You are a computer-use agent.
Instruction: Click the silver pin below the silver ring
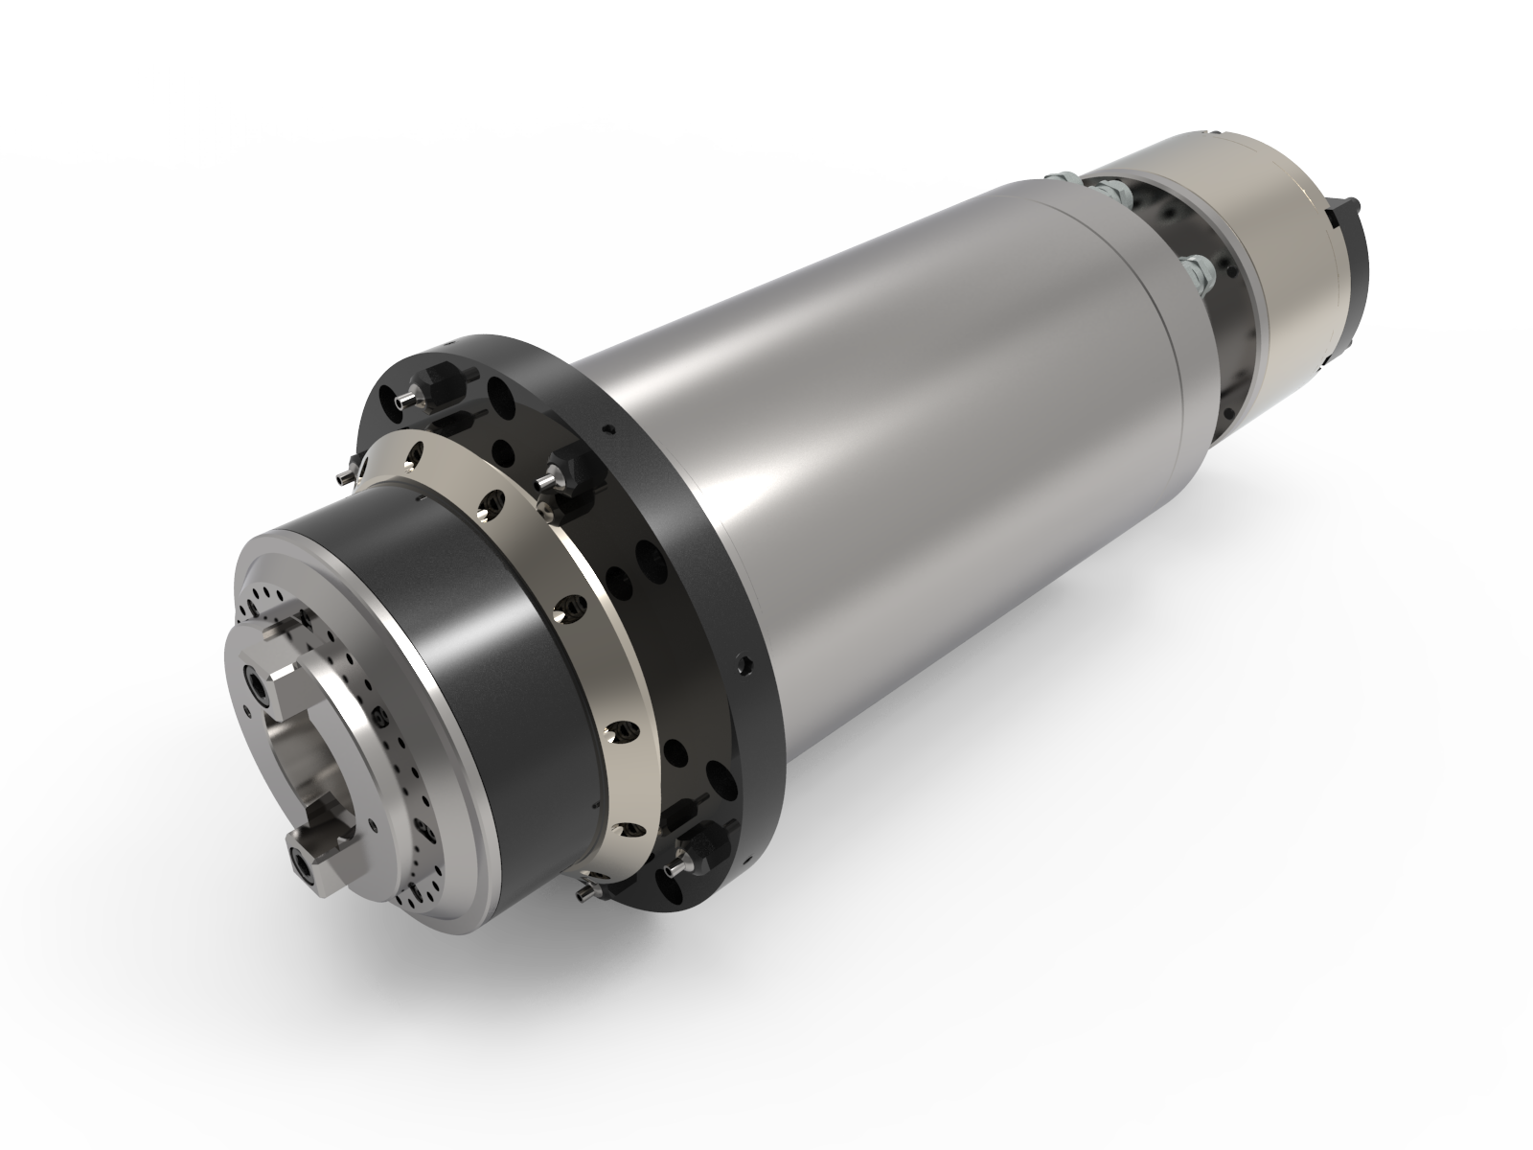pos(584,891)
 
